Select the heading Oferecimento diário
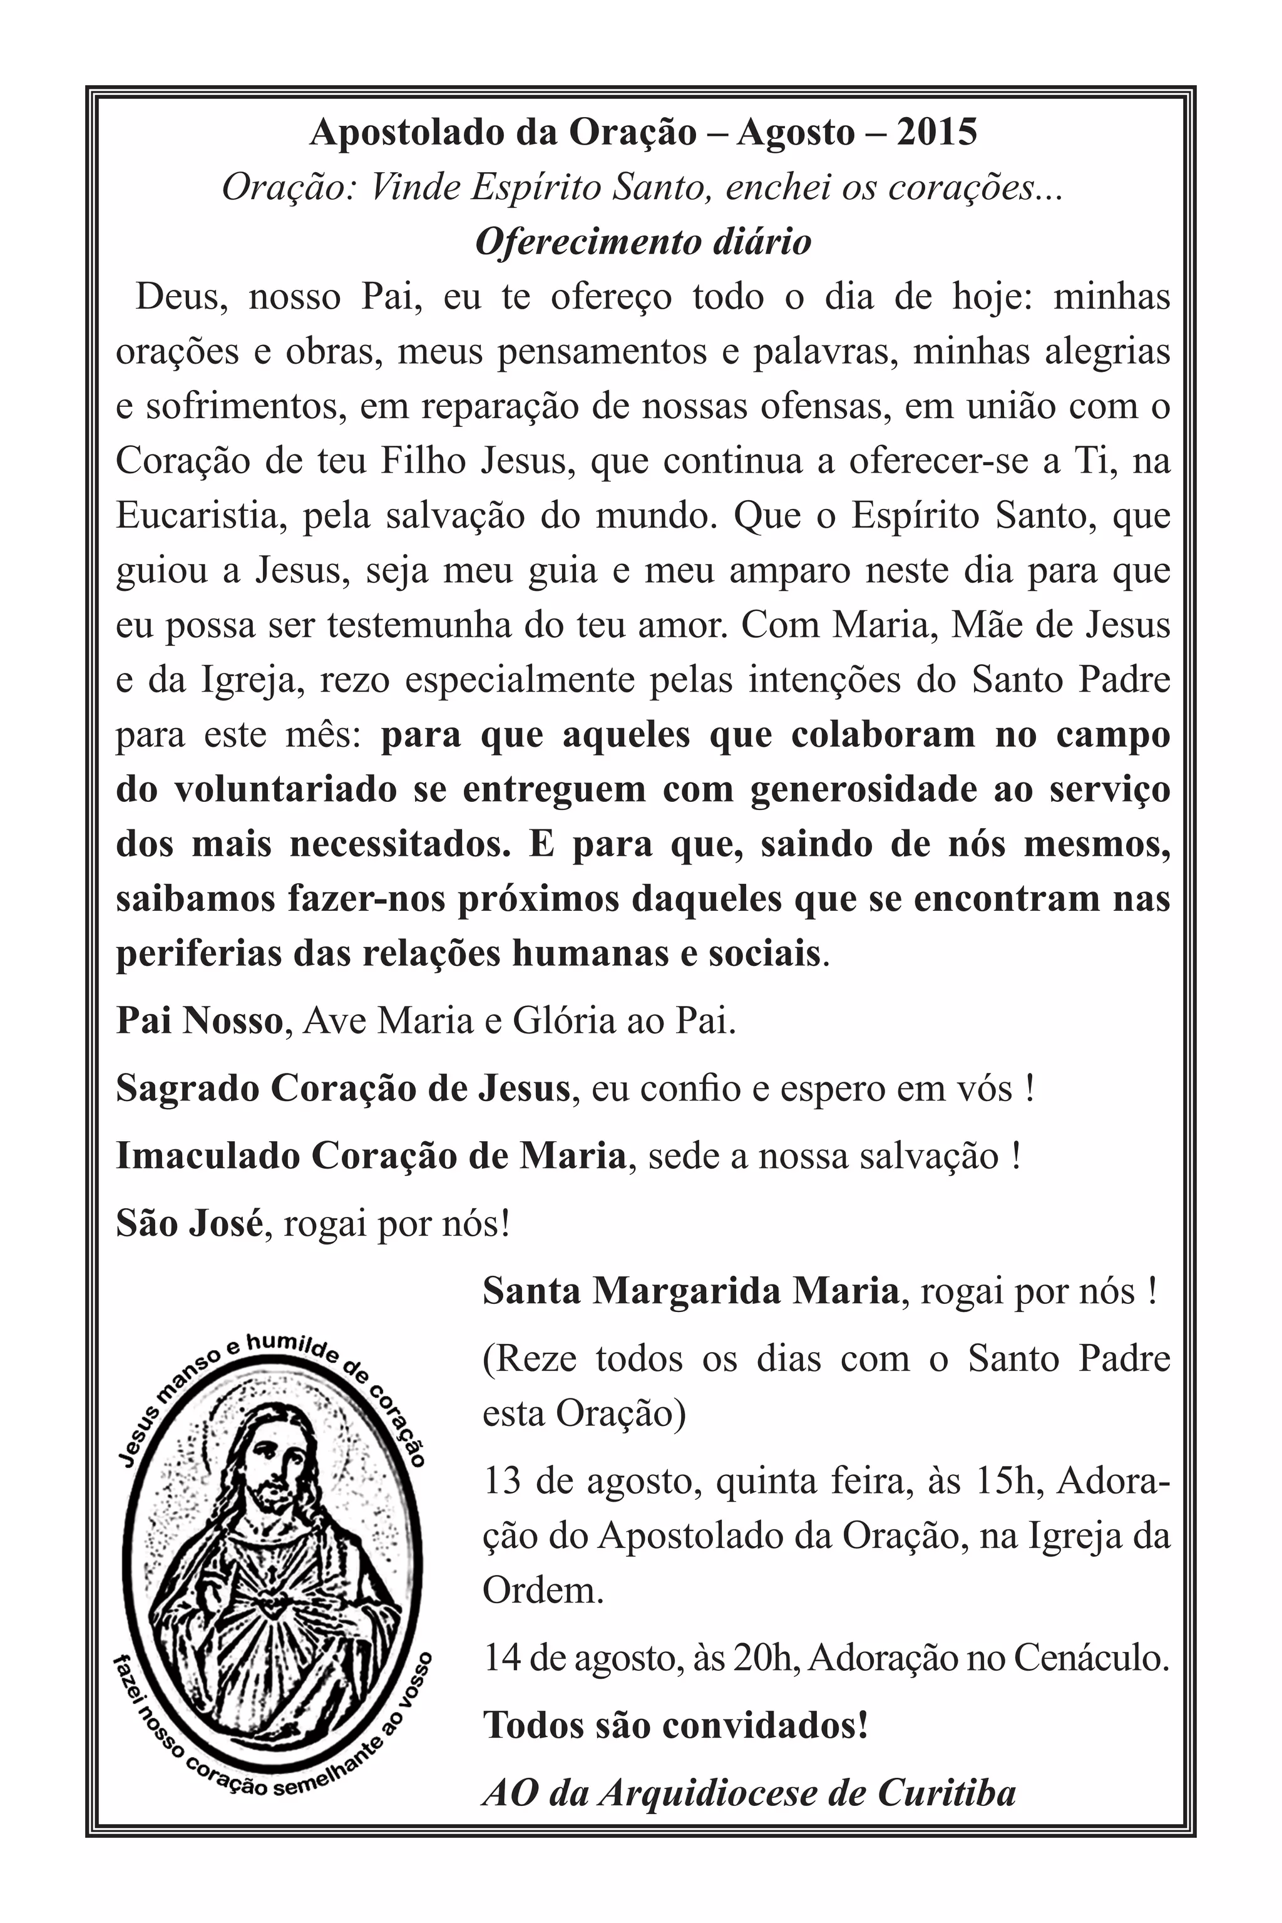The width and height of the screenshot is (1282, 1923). click(643, 242)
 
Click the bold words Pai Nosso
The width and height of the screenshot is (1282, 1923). click(198, 1021)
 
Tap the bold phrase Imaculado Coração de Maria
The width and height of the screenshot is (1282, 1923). click(371, 1156)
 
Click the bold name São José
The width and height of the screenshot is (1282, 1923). click(189, 1224)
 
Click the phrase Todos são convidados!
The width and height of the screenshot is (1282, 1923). click(675, 1725)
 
